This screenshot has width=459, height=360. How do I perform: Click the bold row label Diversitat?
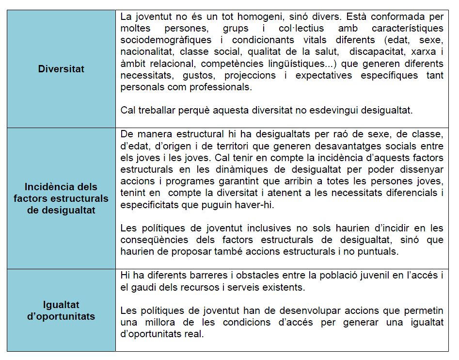(61, 69)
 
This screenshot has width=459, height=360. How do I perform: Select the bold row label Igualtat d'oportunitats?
(61, 311)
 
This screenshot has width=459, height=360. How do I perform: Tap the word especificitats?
(152, 204)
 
